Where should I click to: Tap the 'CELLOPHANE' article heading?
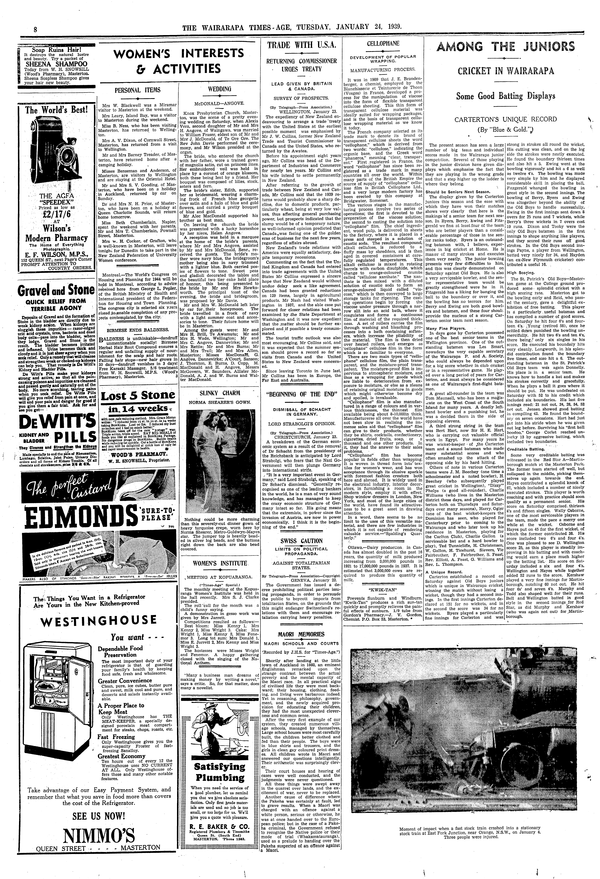point(383,43)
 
